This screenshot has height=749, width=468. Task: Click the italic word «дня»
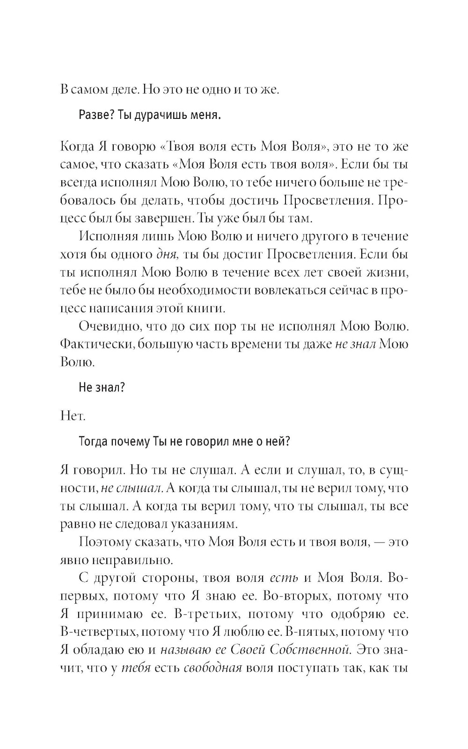tap(166, 255)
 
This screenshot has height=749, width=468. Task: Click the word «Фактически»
tap(92, 345)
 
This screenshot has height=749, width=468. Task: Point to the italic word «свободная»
tap(213, 668)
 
